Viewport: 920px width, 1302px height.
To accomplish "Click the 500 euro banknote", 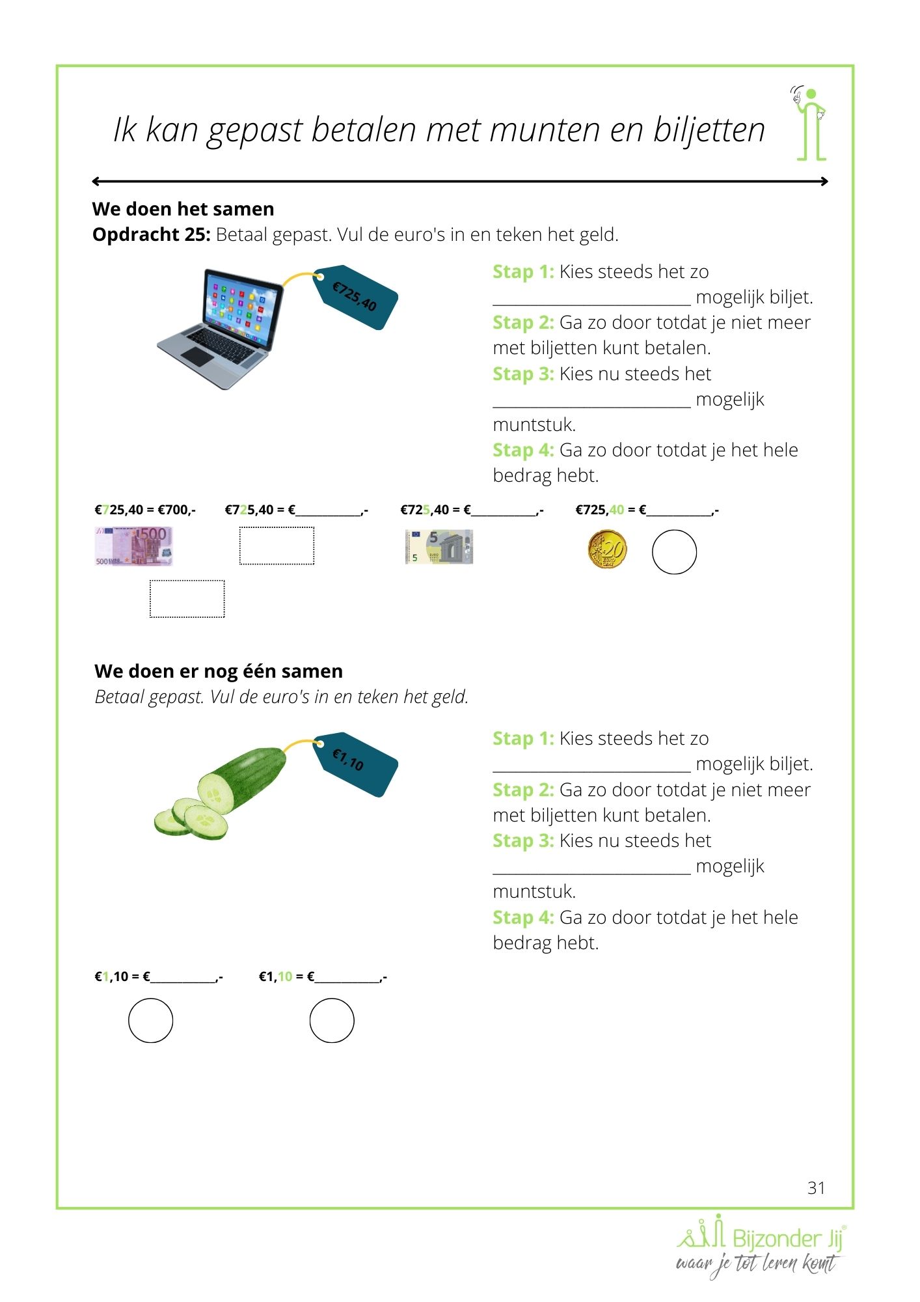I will [x=134, y=546].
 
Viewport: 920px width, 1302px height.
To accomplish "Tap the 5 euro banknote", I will [x=439, y=547].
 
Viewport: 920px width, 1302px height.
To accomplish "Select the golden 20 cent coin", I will [x=607, y=549].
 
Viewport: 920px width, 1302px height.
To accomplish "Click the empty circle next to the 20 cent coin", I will [x=674, y=552].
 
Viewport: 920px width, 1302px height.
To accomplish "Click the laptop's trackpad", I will [x=196, y=356].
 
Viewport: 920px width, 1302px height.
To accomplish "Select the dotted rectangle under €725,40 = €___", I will [x=277, y=546].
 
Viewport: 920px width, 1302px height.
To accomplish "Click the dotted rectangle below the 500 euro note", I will [x=187, y=599].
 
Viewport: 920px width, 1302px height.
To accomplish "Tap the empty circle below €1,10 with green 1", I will [x=151, y=1020].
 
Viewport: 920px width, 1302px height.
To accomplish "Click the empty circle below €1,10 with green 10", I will [x=332, y=1020].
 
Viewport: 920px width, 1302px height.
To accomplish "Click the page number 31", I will [x=816, y=1188].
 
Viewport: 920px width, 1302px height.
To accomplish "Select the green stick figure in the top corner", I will [x=810, y=124].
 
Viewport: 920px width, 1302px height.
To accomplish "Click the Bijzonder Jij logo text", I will [x=787, y=1238].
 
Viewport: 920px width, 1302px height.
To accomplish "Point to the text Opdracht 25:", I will [x=151, y=234].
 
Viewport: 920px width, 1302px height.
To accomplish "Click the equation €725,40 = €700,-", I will [x=145, y=510].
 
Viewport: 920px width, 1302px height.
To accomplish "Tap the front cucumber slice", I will [x=206, y=822].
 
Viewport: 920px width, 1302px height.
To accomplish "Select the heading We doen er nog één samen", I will [x=219, y=671].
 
